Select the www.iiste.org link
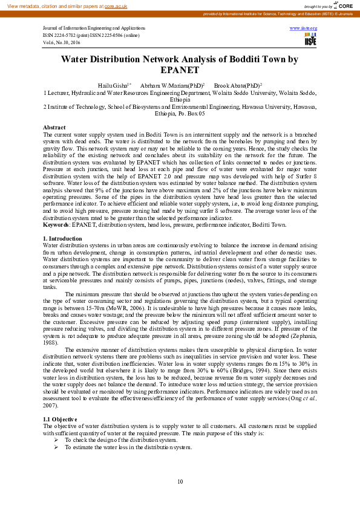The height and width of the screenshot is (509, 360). coord(303,28)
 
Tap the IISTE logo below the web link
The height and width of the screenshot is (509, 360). coord(310,40)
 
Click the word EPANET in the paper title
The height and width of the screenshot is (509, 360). coord(180,71)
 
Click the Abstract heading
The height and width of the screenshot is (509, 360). coord(54,128)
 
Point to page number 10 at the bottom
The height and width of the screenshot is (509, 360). coord(180,481)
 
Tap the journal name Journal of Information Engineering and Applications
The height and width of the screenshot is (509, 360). coord(94,28)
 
